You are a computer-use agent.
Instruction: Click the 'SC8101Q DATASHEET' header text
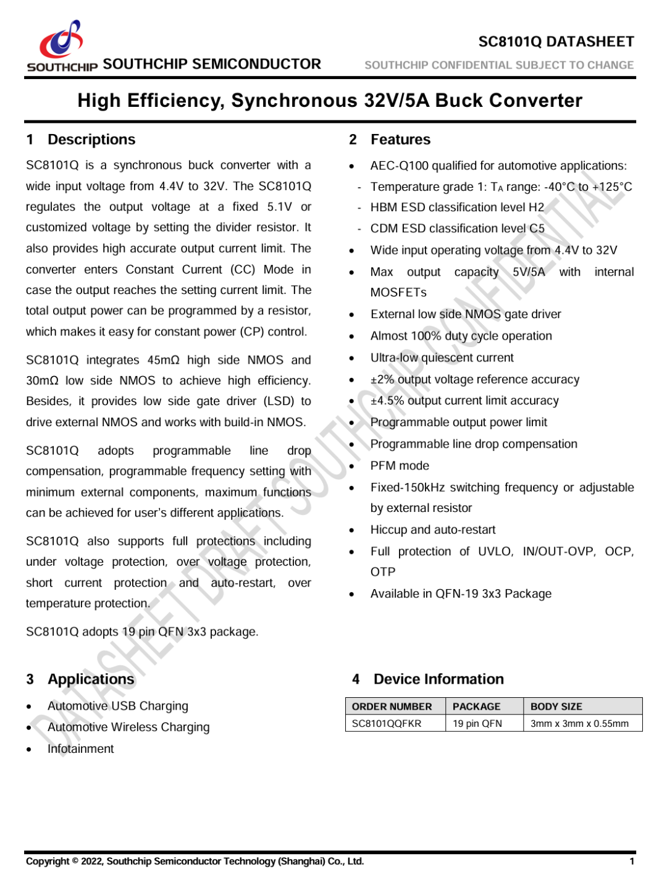click(556, 41)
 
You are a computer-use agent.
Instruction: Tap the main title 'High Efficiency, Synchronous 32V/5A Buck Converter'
click(330, 101)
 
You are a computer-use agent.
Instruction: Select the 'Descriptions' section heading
click(91, 140)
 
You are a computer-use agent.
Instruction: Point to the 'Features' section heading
click(400, 140)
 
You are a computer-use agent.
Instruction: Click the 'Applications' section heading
click(91, 679)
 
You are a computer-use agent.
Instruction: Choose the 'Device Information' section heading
click(438, 679)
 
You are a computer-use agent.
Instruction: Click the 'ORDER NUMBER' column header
click(392, 707)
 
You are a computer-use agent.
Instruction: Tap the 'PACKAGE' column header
click(476, 707)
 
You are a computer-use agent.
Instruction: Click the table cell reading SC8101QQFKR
click(387, 723)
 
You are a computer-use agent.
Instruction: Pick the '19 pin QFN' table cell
click(477, 723)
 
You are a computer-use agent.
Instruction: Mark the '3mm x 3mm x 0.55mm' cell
click(579, 723)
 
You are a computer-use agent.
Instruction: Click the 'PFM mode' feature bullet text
click(400, 466)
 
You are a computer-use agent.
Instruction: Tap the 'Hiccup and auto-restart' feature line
click(433, 530)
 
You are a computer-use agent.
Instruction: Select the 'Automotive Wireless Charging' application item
click(128, 728)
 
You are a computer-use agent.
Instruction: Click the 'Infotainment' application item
click(81, 749)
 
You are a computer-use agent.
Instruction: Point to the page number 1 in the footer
click(632, 862)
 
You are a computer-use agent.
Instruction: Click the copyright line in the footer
click(195, 862)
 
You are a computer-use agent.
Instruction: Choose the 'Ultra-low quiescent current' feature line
click(442, 358)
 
